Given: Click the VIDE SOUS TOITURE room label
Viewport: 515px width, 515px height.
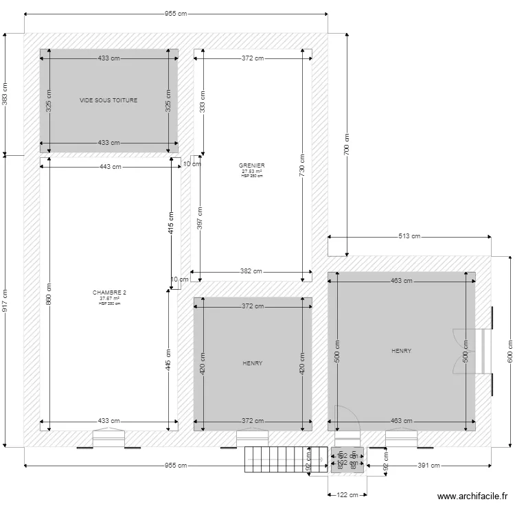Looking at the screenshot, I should click(x=108, y=100).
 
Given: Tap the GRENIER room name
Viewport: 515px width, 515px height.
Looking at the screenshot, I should click(x=252, y=165).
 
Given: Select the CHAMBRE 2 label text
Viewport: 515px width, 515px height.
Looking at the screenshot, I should click(x=109, y=293).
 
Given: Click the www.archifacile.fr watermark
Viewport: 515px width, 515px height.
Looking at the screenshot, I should click(x=473, y=497).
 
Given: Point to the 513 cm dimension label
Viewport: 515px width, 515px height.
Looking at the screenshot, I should click(x=409, y=236).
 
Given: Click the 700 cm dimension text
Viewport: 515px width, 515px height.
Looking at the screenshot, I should click(x=347, y=143).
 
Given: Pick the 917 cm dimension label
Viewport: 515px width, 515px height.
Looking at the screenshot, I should click(x=5, y=300).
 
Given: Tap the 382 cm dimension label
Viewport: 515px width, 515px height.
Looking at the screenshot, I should click(x=252, y=271).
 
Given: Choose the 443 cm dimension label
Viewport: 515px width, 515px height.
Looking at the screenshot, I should click(x=110, y=167).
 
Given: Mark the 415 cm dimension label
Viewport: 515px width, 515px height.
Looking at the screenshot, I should click(x=171, y=223).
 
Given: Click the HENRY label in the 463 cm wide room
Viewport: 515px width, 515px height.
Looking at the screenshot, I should click(x=401, y=351).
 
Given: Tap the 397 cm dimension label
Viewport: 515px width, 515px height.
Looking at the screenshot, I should click(x=200, y=218).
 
